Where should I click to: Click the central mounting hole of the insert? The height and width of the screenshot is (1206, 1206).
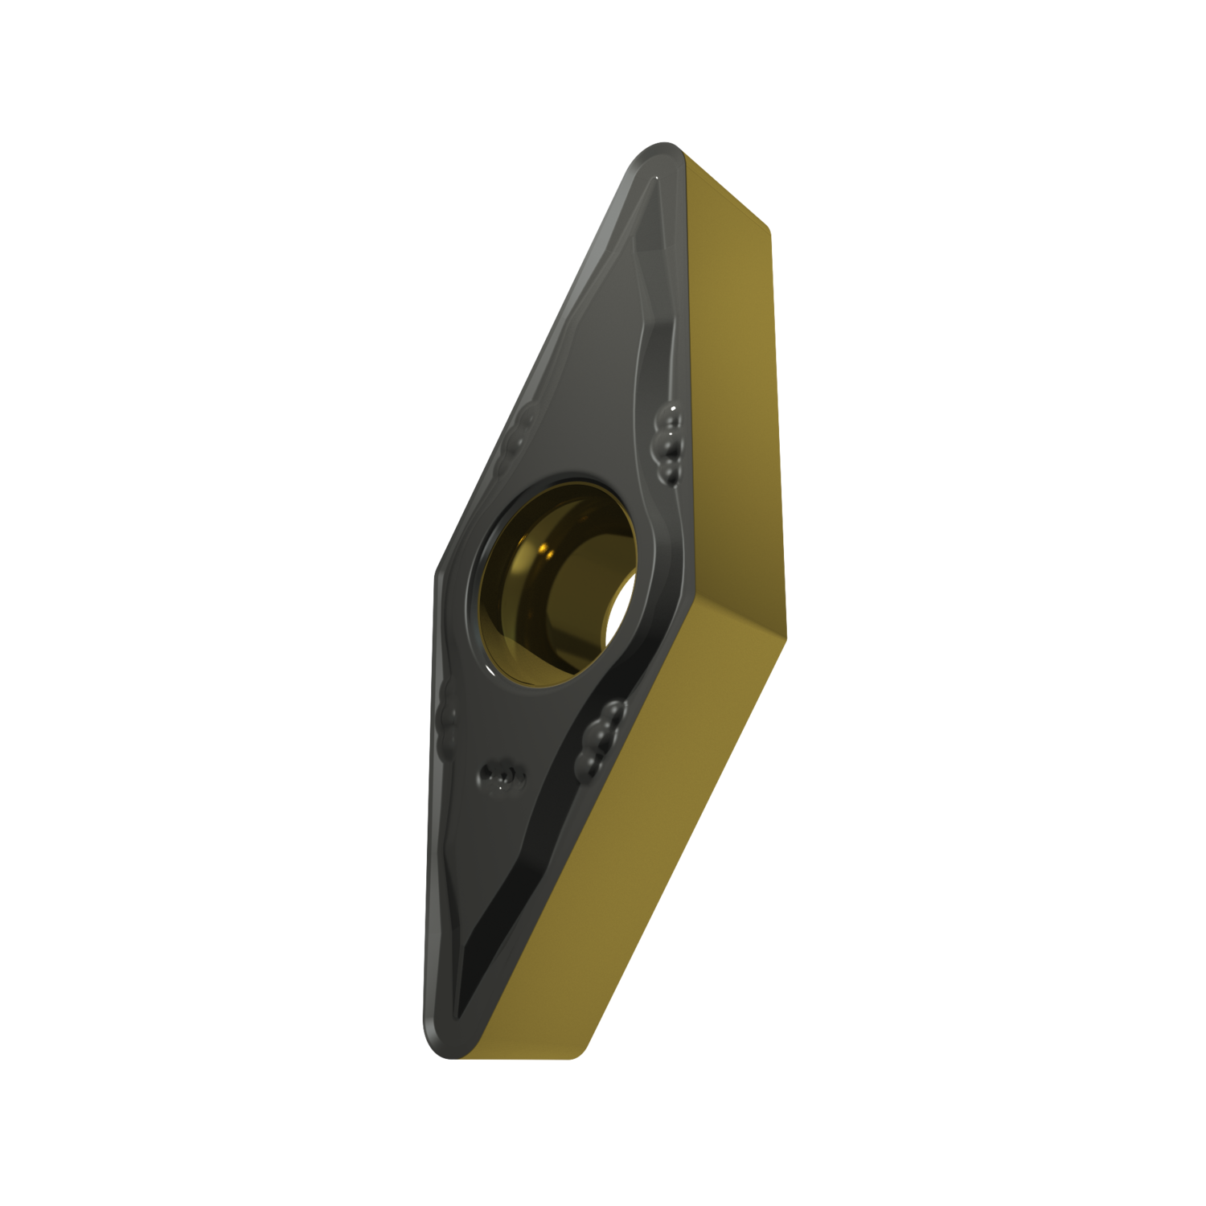pos(555,579)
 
